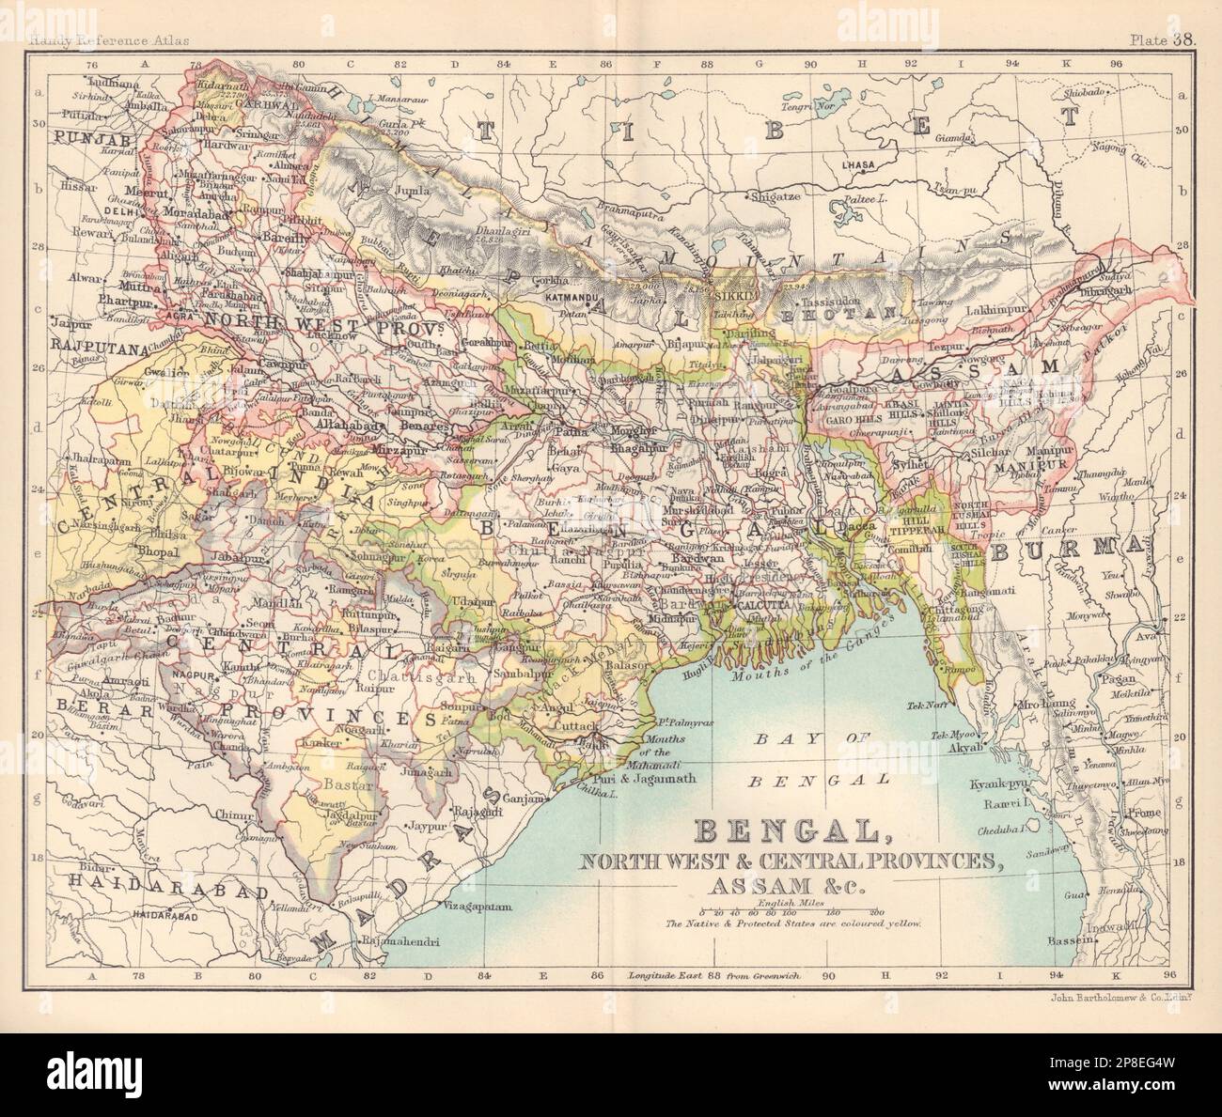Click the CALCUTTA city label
(x=763, y=605)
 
